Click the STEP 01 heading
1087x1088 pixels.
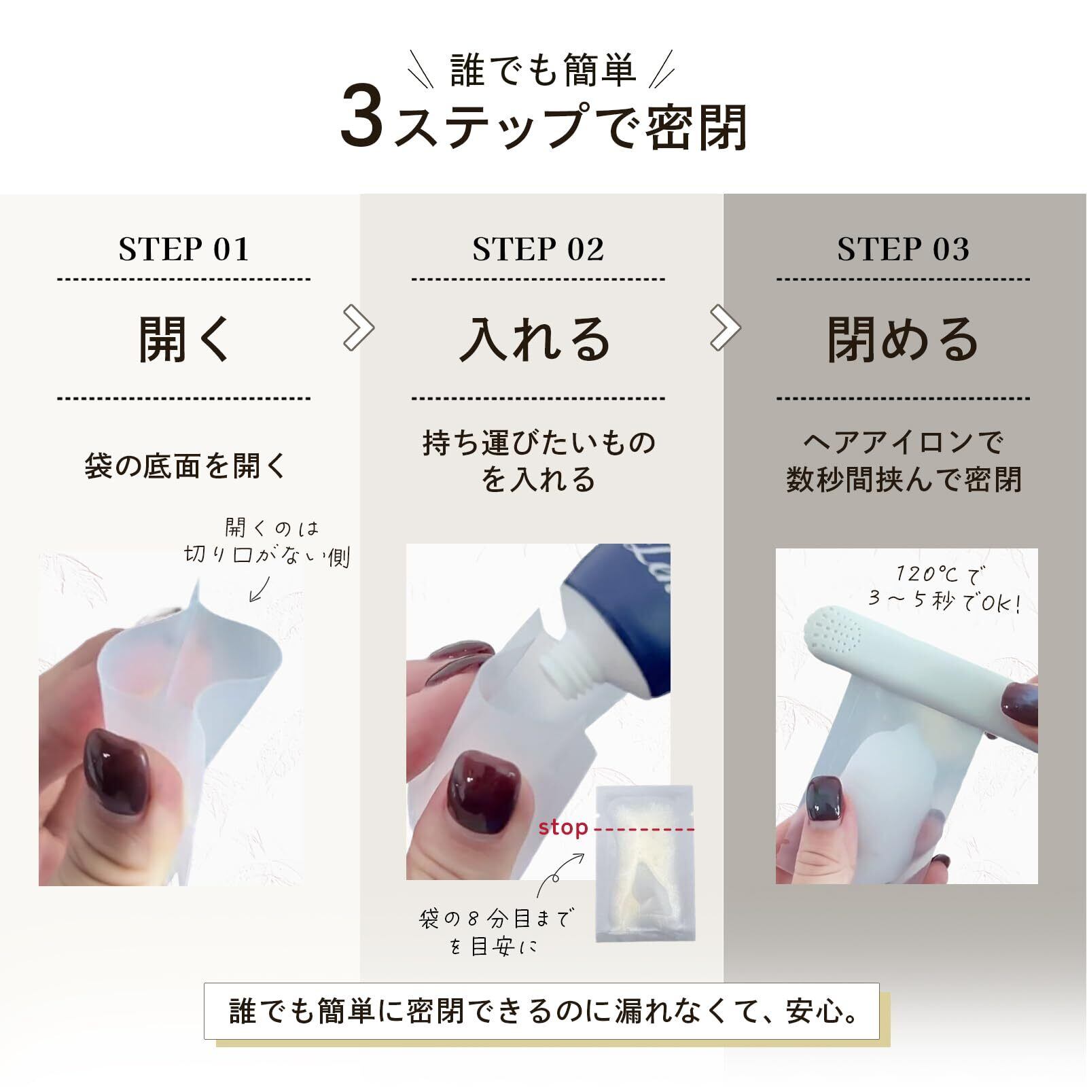click(x=184, y=249)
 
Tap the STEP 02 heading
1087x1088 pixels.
click(x=538, y=249)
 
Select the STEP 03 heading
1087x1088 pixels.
click(x=903, y=249)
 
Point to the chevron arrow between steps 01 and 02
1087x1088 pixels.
click(x=359, y=328)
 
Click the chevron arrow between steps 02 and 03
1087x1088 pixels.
click(x=726, y=328)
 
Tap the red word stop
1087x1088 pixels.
click(x=563, y=828)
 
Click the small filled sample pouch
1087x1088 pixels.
click(x=644, y=864)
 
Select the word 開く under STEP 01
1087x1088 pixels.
click(x=184, y=339)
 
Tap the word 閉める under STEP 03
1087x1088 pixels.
click(x=903, y=339)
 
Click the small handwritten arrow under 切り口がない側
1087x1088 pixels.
click(x=260, y=589)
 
